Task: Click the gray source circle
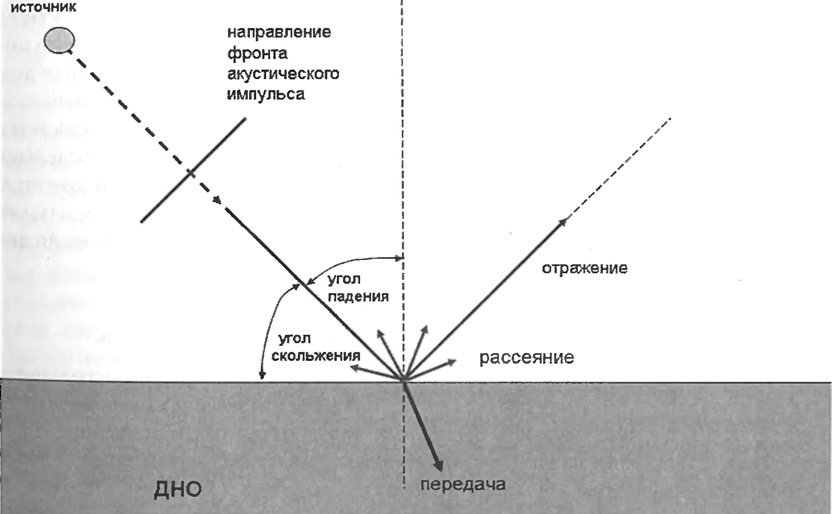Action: click(59, 40)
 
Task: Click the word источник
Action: click(43, 7)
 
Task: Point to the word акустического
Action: click(283, 74)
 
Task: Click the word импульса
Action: click(266, 94)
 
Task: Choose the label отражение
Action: click(584, 269)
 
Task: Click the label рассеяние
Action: click(527, 358)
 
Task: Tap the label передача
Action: click(463, 484)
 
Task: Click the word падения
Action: click(358, 297)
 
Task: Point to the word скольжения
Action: click(316, 356)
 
